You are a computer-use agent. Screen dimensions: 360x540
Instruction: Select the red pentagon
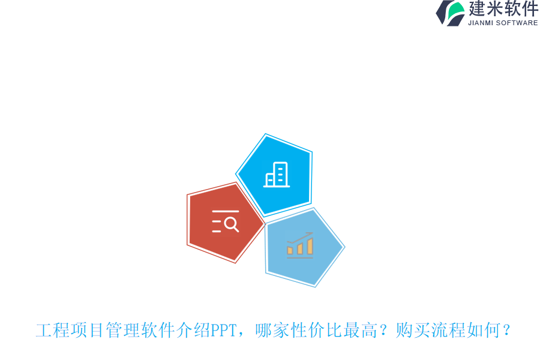coord(224,222)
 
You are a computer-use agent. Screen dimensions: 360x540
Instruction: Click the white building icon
coord(277,175)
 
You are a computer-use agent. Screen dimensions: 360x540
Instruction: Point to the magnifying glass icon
coord(230,224)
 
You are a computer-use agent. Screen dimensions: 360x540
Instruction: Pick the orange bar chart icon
coord(300,245)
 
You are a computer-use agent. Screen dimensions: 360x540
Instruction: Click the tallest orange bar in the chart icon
coord(310,246)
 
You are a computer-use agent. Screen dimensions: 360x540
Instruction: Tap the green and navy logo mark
coord(451,13)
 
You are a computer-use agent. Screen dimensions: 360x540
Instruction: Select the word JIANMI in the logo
coord(481,23)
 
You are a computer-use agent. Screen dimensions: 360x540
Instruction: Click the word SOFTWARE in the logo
coord(517,23)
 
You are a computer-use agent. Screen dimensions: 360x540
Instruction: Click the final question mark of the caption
coord(506,331)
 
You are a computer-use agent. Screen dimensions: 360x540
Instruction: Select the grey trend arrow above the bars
coord(301,238)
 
